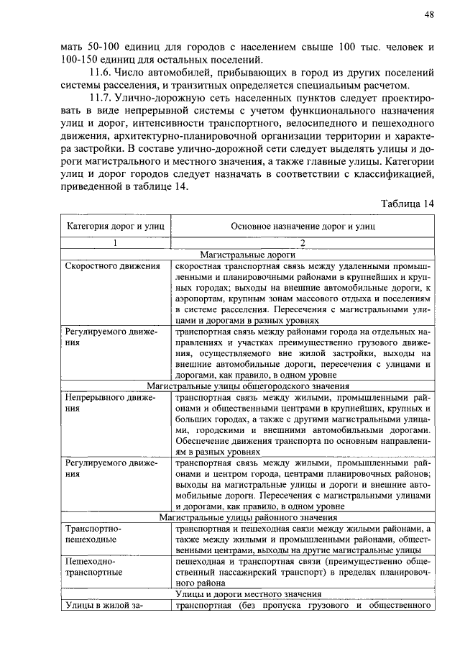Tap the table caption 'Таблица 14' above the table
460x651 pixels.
(x=408, y=204)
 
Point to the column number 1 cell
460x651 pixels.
(x=115, y=243)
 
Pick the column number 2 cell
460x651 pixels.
(x=303, y=243)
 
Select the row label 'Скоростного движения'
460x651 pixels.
(x=112, y=266)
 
